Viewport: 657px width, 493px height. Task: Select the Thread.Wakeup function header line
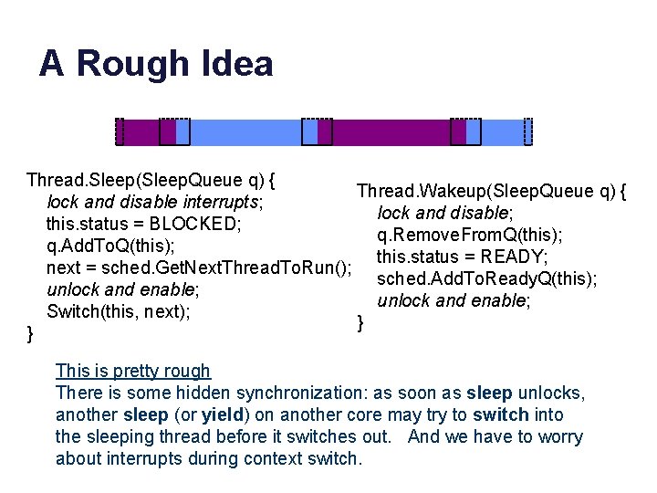491,191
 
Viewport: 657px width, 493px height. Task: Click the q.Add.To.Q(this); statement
110,246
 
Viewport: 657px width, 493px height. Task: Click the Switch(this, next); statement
119,311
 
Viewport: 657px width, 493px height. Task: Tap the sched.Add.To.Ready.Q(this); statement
486,278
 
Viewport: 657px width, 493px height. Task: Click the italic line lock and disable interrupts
155,202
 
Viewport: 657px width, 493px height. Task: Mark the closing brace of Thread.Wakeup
360,321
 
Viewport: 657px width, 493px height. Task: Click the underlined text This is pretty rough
132,371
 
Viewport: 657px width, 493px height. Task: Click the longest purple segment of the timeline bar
391,132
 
